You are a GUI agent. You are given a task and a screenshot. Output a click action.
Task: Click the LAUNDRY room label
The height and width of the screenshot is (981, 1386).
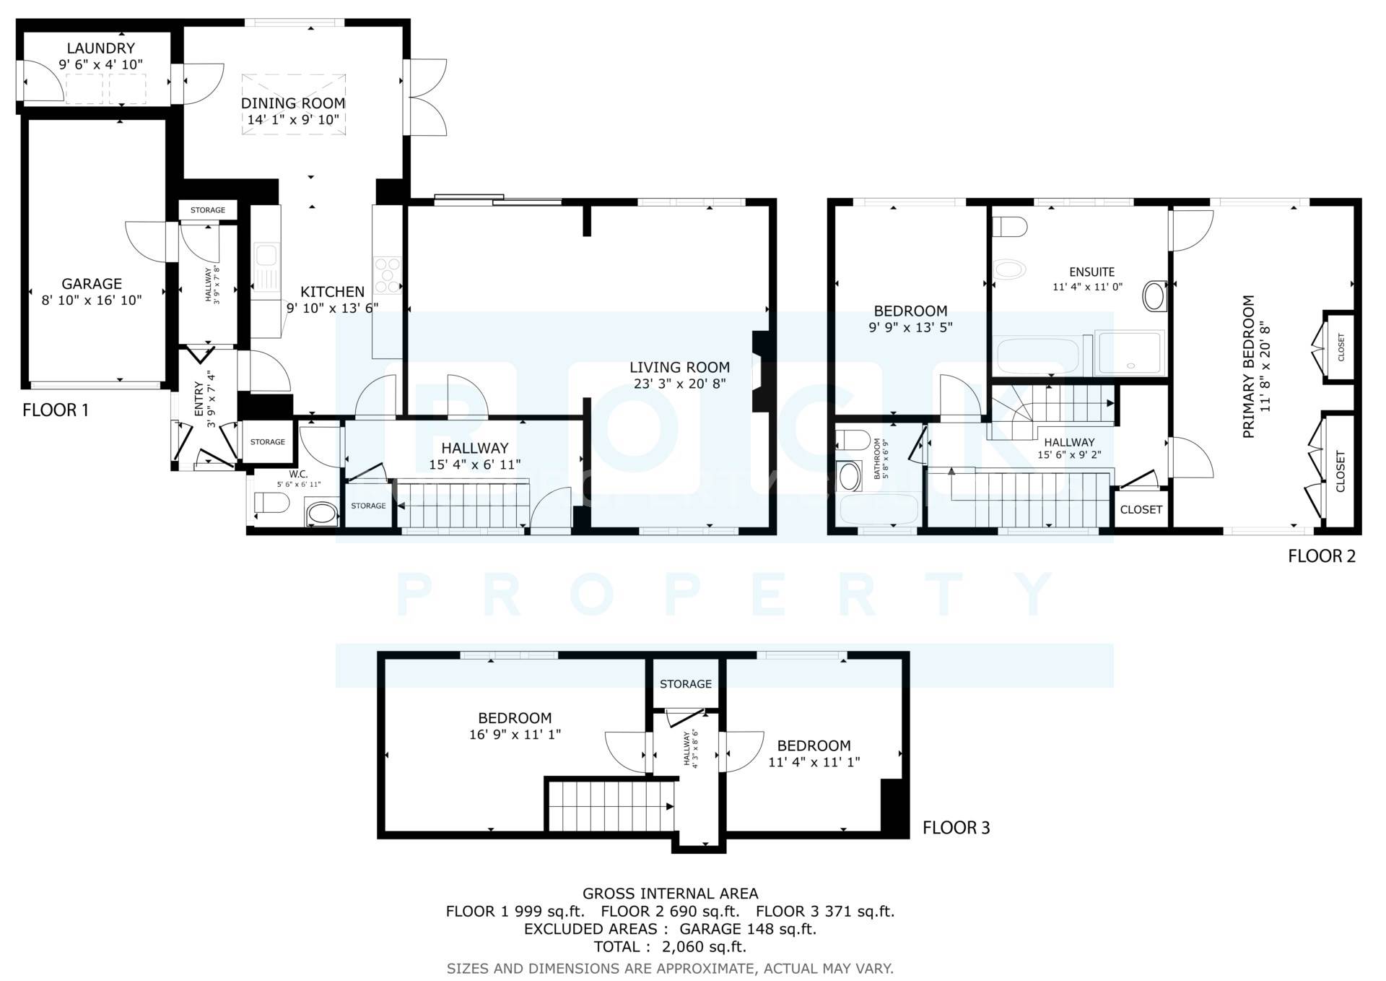point(100,48)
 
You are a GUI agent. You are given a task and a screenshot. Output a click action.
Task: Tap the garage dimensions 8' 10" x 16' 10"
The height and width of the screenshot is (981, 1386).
point(92,301)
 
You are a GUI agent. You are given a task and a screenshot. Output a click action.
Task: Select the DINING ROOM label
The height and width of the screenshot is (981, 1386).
point(293,103)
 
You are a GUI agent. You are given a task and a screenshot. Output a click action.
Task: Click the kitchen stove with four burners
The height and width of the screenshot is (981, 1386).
point(387,275)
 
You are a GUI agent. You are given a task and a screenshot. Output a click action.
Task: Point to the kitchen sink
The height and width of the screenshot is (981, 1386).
point(266,257)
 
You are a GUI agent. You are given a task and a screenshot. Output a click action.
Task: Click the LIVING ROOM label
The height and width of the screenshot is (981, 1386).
point(679,367)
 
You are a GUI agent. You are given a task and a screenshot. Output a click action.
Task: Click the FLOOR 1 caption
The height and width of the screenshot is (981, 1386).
point(56,410)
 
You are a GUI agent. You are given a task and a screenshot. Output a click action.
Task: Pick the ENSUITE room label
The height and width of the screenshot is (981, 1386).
point(1091,272)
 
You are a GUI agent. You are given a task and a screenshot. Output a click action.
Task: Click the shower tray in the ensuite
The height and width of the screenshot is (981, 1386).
point(1130,353)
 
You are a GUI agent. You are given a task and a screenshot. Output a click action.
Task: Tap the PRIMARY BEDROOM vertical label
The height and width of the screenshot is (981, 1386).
point(1249,366)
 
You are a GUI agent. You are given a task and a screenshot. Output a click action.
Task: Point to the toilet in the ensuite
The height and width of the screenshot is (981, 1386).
point(1010,227)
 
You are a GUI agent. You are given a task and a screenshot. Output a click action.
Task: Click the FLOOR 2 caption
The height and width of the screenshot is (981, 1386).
point(1322,556)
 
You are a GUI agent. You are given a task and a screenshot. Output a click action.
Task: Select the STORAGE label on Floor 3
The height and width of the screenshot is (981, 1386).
point(685,683)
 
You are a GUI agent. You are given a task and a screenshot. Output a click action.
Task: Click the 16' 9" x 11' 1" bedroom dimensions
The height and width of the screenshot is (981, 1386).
point(515,735)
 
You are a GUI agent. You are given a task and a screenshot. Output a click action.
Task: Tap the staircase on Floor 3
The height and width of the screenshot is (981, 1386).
point(610,807)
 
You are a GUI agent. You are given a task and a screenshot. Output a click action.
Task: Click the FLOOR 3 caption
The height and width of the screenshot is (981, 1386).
point(956,828)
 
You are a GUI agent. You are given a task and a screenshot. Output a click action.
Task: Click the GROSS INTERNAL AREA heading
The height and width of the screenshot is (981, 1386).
point(670,894)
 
